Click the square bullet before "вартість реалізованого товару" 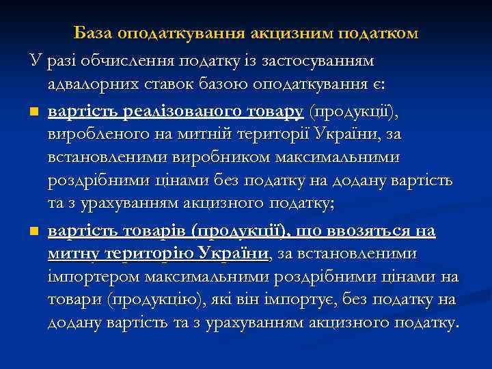33,111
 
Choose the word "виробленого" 90,135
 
